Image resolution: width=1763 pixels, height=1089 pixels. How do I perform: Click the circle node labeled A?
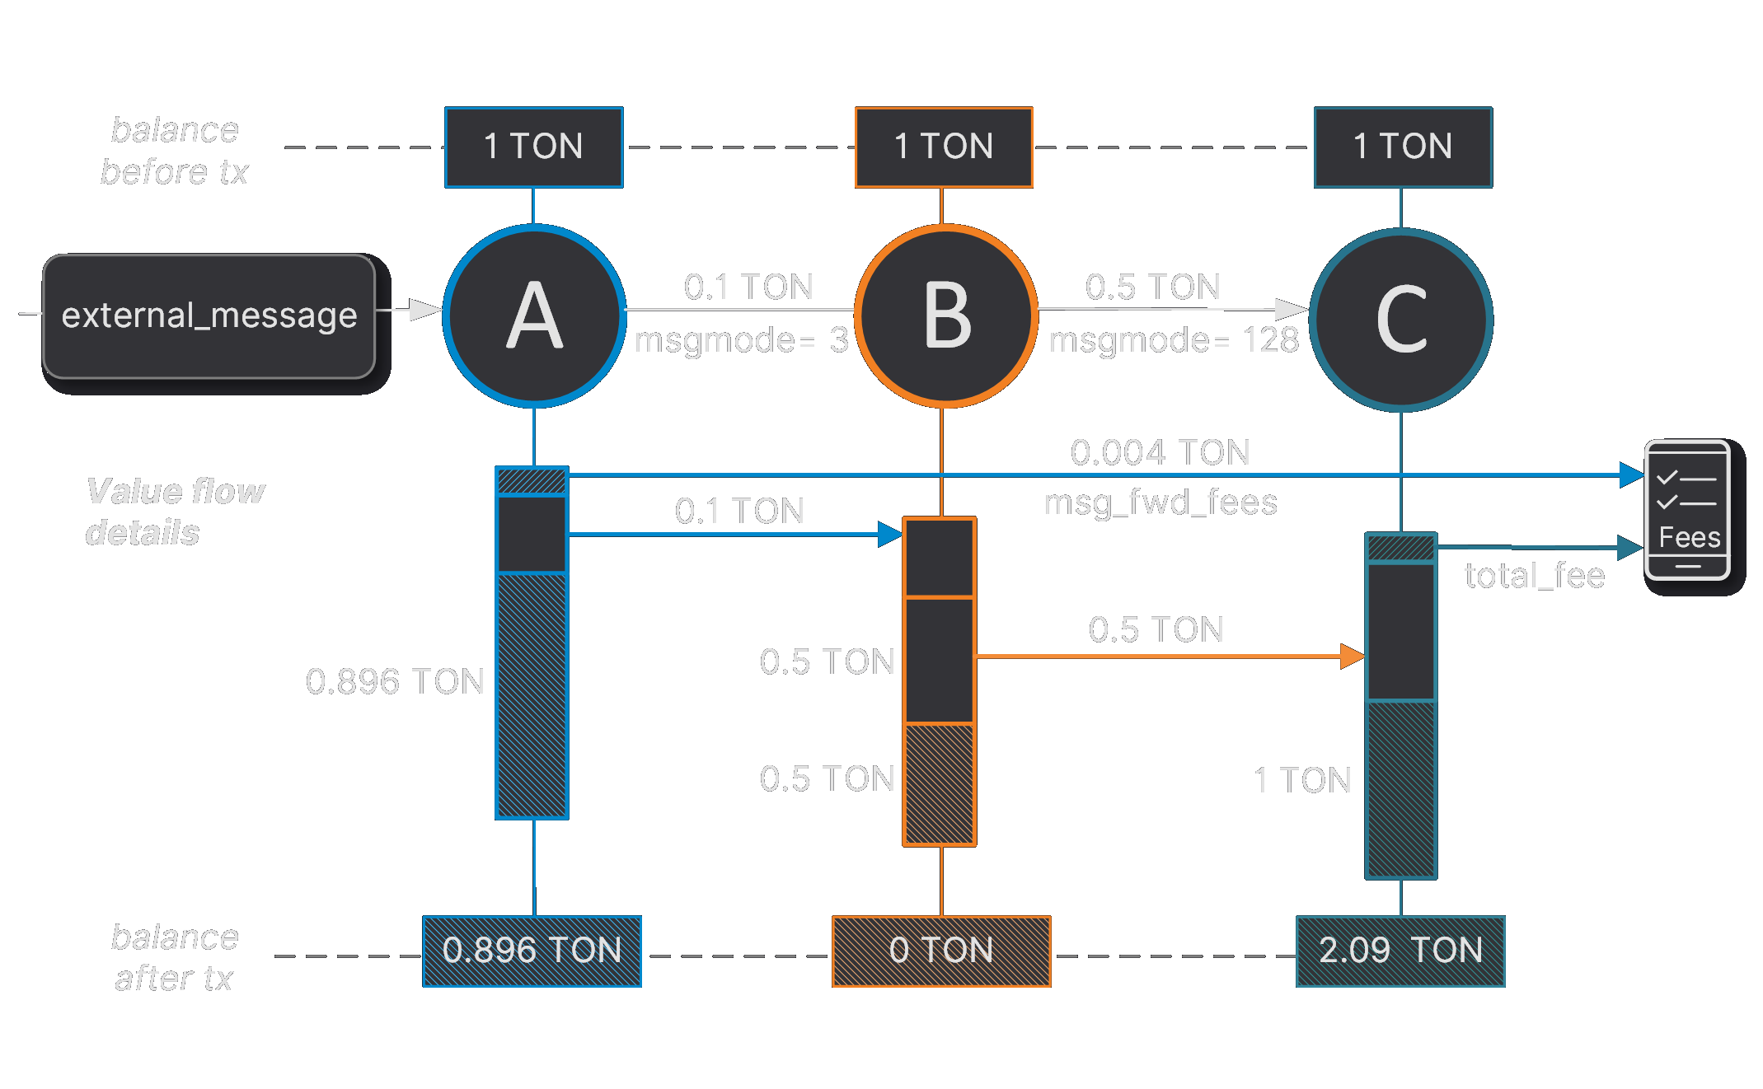click(x=534, y=316)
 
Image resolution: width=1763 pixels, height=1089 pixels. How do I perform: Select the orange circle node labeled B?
click(x=945, y=316)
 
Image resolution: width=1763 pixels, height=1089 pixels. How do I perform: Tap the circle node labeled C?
click(x=1400, y=320)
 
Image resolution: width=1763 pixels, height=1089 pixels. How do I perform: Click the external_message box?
click(x=209, y=316)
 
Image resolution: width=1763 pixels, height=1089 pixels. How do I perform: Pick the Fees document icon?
click(x=1686, y=510)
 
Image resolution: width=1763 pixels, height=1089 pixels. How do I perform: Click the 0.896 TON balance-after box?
click(x=532, y=951)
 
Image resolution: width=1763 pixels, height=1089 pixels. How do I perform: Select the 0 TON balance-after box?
click(x=941, y=951)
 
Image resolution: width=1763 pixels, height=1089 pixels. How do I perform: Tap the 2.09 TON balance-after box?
click(x=1400, y=951)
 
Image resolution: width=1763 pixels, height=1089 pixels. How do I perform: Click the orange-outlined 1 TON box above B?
click(x=944, y=147)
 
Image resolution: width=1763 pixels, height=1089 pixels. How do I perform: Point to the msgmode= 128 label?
click(x=1174, y=340)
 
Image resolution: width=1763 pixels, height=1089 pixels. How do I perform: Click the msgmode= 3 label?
click(x=741, y=340)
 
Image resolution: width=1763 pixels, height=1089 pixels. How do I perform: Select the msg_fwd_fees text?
click(x=1160, y=502)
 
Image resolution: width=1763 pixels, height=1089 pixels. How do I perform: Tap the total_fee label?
click(x=1534, y=576)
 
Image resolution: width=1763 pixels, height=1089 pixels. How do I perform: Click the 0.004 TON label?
click(x=1160, y=452)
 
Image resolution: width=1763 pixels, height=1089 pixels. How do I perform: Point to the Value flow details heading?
click(x=174, y=512)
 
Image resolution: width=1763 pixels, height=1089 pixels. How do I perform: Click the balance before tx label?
click(x=174, y=151)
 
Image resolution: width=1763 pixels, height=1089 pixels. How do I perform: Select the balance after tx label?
click(x=174, y=957)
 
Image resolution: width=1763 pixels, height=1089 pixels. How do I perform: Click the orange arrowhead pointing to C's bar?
click(x=1353, y=657)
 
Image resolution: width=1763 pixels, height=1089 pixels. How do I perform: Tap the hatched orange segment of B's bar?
click(x=940, y=783)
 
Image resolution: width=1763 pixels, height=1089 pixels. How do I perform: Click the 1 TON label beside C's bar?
click(x=1302, y=780)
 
